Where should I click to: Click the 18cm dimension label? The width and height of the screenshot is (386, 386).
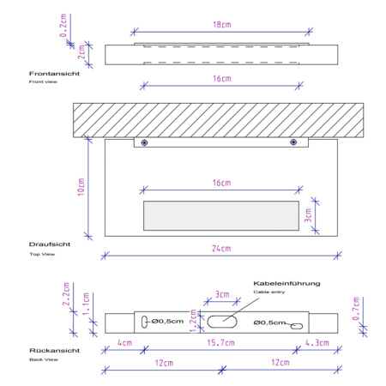pos(222,25)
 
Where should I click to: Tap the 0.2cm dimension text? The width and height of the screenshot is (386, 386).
pos(63,26)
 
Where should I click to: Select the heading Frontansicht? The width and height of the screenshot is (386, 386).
pos(54,74)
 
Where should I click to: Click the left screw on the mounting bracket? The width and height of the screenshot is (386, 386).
pos(144,142)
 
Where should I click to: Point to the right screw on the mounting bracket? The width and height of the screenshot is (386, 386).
pos(293,142)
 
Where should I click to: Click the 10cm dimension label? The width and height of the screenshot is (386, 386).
pos(81,187)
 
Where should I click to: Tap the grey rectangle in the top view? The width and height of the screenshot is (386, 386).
pos(221,215)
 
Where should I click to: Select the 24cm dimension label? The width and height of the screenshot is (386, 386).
pos(221,249)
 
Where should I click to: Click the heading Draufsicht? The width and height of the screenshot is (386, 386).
pos(50,244)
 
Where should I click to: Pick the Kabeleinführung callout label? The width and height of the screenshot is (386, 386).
pos(286,283)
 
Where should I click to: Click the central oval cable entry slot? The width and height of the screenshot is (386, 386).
pos(222,322)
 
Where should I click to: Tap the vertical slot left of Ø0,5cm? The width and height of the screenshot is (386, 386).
pos(144,322)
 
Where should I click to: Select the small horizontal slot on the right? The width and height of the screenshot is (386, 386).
pos(297,326)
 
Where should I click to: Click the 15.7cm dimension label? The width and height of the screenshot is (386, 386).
pos(220,342)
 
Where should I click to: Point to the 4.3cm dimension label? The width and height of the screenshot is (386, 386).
pos(317,342)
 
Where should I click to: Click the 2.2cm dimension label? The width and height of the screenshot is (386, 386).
pos(66,294)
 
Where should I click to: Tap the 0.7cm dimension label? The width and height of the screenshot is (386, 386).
pos(356,309)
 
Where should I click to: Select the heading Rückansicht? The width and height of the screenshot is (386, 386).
pos(55,351)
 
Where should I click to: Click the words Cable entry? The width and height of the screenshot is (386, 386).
pos(269,292)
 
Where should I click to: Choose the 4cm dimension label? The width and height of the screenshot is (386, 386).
pos(125,342)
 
